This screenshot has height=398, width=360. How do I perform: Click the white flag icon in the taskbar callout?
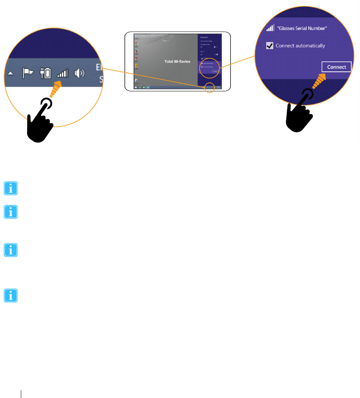(x=28, y=73)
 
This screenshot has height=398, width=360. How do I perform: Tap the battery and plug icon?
(x=45, y=73)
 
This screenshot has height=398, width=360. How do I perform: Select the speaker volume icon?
(x=79, y=73)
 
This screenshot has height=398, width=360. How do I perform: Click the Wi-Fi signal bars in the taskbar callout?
(x=63, y=73)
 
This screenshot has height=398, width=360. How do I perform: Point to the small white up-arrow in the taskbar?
(x=10, y=74)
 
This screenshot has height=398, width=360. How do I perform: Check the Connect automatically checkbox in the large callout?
(x=270, y=45)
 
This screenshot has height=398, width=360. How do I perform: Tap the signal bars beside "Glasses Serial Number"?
(x=270, y=28)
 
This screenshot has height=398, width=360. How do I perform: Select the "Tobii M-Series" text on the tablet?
(x=177, y=61)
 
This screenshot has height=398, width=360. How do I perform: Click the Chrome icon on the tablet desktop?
(x=137, y=44)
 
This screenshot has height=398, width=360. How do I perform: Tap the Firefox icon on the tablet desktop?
(x=137, y=51)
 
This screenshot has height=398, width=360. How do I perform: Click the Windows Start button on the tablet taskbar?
(x=136, y=87)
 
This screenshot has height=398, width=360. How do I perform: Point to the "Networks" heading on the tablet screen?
(x=204, y=38)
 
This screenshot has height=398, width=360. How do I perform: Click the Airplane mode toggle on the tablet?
(x=216, y=47)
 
